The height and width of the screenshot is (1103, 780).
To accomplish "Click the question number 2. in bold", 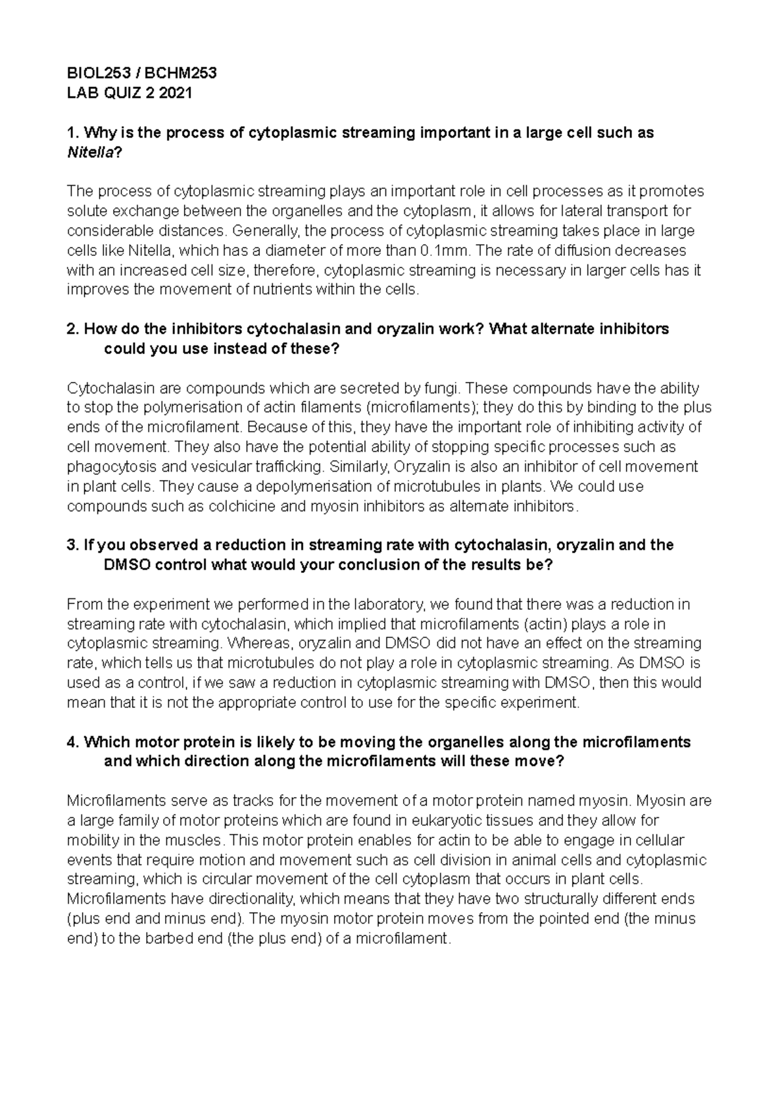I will tap(73, 329).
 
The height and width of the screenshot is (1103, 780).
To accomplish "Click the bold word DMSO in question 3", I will tap(127, 565).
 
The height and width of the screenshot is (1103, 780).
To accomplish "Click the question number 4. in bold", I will tap(73, 742).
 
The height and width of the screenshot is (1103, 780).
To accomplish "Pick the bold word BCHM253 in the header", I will tap(185, 73).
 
